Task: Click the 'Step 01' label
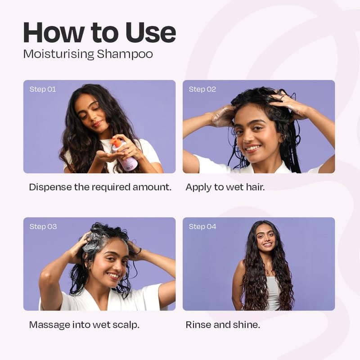pos(43,89)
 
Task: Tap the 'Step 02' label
pos(202,89)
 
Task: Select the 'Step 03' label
pos(43,227)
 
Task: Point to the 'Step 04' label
pos(202,227)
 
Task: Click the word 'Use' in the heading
pos(151,32)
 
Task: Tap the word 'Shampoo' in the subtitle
pos(125,54)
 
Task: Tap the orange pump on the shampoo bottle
pos(116,142)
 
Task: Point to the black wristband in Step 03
pos(139,252)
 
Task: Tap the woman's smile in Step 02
pos(252,148)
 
